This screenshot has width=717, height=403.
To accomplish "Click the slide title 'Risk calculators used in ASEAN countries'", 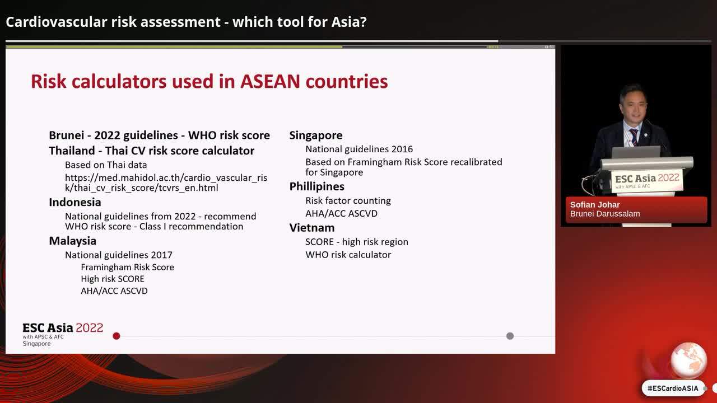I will (x=209, y=82).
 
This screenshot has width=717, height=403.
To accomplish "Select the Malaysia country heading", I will (x=73, y=241).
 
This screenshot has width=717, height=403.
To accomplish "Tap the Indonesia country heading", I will (x=75, y=202).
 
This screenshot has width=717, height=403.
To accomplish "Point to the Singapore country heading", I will (x=316, y=135).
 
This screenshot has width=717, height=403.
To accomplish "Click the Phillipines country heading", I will (x=317, y=186).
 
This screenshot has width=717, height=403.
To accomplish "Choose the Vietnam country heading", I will (x=312, y=228).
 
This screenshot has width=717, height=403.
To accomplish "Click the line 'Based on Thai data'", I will (x=106, y=165).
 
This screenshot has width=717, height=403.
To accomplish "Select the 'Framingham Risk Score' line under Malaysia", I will (x=127, y=267).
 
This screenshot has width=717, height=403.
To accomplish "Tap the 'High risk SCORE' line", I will (x=113, y=279).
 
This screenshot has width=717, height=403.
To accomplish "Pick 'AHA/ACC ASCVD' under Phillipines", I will (x=341, y=213).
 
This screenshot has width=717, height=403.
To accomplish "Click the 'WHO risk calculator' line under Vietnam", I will (x=348, y=255).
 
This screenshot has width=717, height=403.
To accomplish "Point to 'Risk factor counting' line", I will (x=348, y=200).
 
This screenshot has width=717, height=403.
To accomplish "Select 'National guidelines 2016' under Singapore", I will (x=359, y=149).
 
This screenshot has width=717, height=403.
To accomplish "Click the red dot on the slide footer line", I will (x=117, y=336).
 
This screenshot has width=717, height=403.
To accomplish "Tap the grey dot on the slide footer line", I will (x=510, y=336).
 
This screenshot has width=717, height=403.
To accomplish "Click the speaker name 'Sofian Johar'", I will (x=595, y=205).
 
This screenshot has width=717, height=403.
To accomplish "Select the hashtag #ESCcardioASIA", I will (x=673, y=388).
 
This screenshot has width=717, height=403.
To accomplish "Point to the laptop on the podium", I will (x=636, y=152).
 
